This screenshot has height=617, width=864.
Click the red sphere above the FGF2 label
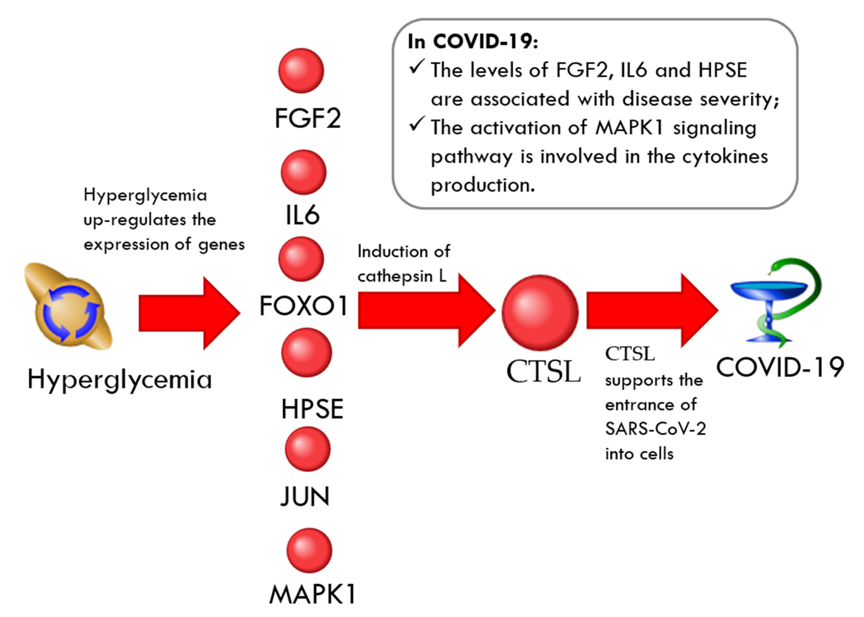tap(301, 71)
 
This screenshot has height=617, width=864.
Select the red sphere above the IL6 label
tap(304, 172)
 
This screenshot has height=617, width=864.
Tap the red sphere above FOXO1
tap(301, 259)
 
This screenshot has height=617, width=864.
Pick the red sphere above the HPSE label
tap(306, 352)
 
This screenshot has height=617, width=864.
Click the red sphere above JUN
tap(307, 449)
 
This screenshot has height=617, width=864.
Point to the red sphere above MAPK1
tap(309, 550)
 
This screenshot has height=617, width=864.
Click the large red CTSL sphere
tap(540, 313)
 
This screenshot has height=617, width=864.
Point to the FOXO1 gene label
tap(303, 306)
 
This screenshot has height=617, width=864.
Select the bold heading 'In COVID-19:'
tap(473, 41)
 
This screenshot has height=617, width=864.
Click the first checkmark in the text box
tap(416, 67)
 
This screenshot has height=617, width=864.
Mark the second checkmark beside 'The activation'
tap(416, 125)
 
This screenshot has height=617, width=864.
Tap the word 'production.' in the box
tap(483, 185)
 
